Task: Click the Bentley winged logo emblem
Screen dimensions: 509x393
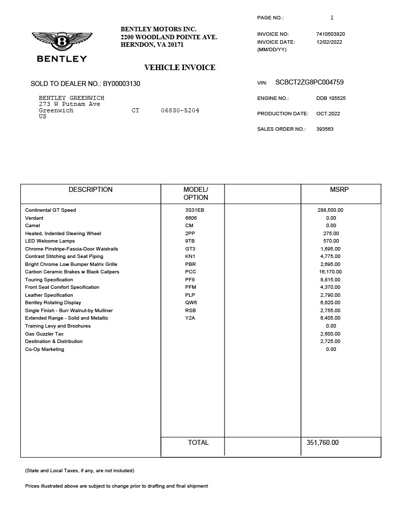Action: pos(62,41)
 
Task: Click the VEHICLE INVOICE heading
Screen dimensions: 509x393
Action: pos(180,68)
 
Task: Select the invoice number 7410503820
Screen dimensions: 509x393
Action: pos(330,34)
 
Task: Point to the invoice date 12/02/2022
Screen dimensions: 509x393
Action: pos(329,42)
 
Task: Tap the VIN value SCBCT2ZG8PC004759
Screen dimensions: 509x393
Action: pos(310,83)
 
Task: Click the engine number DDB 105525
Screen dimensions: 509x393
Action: pos(331,98)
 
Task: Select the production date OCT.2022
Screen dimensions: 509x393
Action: pos(328,114)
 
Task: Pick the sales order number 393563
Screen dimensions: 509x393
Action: pos(325,129)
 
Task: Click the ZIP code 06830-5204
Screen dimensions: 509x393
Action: pos(180,110)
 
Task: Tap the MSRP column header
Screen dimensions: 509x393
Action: pos(339,190)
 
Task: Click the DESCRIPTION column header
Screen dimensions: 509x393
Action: pos(90,190)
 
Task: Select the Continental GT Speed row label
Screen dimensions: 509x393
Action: pos(51,210)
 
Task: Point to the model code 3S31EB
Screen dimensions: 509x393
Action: pos(195,210)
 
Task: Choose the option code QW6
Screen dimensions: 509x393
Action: pos(191,303)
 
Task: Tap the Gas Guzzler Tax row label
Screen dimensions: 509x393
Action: pos(44,334)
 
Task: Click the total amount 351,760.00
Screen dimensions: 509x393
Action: pos(320,443)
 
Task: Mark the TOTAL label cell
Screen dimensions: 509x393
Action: pos(198,443)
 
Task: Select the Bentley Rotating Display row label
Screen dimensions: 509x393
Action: pos(53,303)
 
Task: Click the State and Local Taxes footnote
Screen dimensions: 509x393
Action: pos(79,471)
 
